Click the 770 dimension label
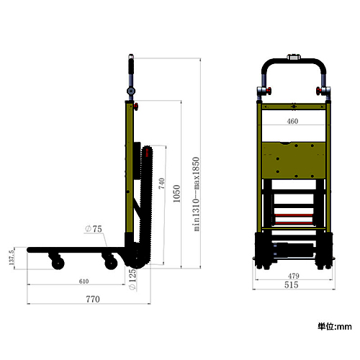(x=93, y=300)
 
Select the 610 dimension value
(x=84, y=282)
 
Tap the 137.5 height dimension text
(x=12, y=257)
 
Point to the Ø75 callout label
(x=94, y=229)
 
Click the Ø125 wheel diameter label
(x=132, y=279)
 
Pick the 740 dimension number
(x=161, y=184)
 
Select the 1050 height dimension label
(x=176, y=194)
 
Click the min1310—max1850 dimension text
(x=196, y=194)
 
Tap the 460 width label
(x=292, y=121)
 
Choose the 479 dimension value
(x=294, y=276)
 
